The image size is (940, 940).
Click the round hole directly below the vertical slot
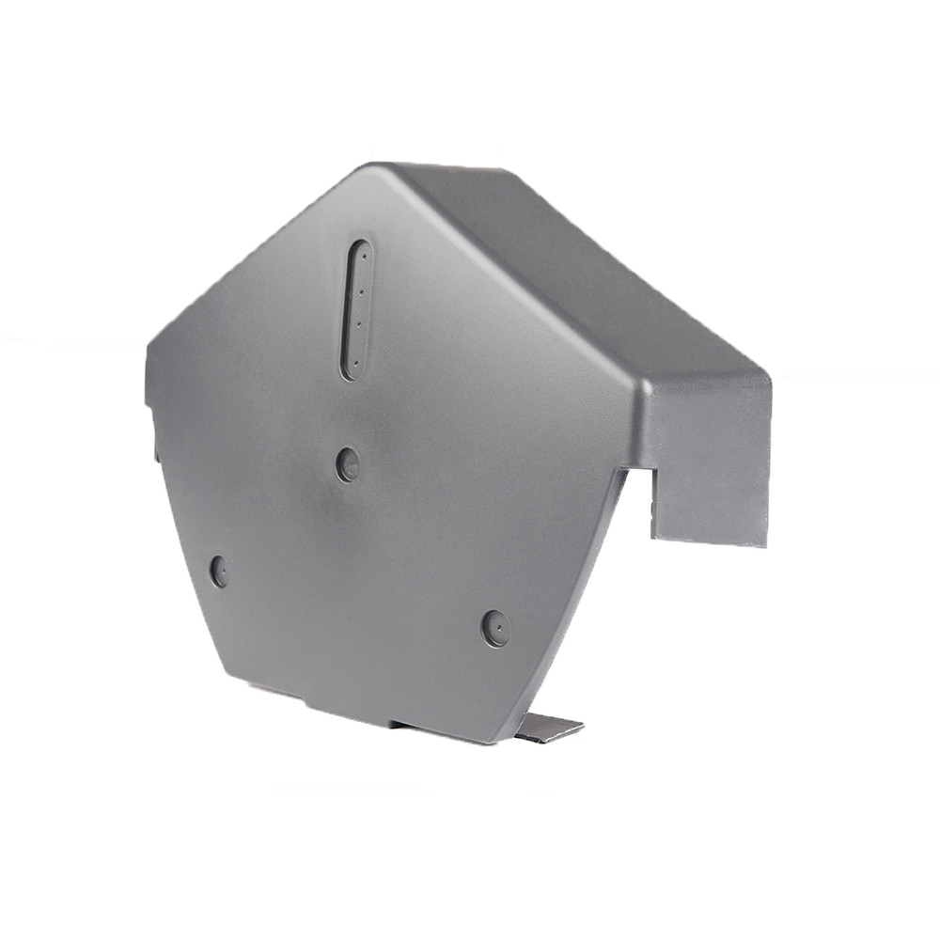click(348, 464)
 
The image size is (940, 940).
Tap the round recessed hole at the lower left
click(219, 571)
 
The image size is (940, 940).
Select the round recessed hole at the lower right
click(495, 628)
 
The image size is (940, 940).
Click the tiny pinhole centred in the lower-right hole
click(496, 628)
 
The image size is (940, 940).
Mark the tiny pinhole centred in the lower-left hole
click(219, 571)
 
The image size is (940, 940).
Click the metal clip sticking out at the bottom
click(548, 728)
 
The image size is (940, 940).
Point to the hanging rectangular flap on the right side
click(710, 470)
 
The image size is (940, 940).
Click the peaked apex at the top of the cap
click(376, 169)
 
